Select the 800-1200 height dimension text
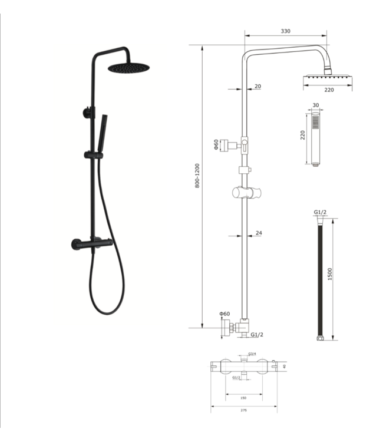[x=197, y=176]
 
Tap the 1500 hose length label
[x=330, y=274]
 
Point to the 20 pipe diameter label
[x=258, y=86]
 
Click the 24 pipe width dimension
[x=259, y=233]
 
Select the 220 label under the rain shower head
[x=328, y=90]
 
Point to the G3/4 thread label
[x=252, y=354]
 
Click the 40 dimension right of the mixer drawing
[x=284, y=366]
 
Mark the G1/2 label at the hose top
[x=320, y=212]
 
